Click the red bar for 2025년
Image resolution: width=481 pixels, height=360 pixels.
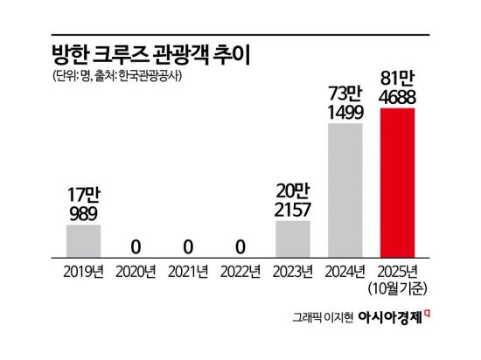tap(404, 182)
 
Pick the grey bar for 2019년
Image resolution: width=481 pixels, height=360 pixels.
tap(83, 239)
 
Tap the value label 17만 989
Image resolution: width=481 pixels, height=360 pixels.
tap(83, 204)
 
